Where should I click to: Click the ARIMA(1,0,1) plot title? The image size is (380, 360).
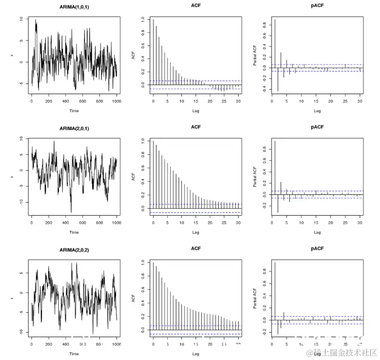(x=74, y=6)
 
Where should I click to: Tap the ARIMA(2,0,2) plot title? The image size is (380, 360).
(x=74, y=250)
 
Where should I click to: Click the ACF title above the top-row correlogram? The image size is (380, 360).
(x=196, y=6)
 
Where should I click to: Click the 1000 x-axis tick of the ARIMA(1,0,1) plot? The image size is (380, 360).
(x=117, y=101)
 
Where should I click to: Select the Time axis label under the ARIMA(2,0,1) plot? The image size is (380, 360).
(x=74, y=232)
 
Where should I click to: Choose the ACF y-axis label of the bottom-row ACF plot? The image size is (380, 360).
(x=133, y=299)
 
